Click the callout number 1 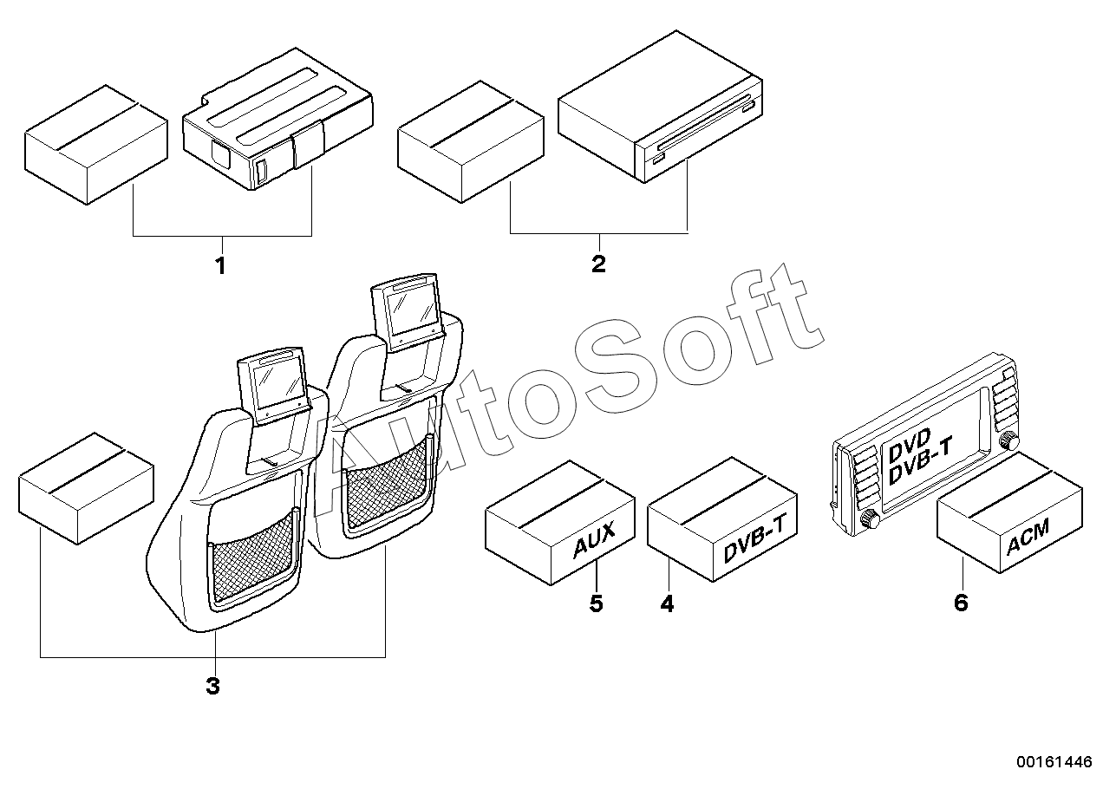220,266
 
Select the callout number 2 598,264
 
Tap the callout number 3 212,687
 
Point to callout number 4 666,603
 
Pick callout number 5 596,603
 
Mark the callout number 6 960,602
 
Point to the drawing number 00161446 1054,761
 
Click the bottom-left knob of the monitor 870,521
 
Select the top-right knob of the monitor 1008,442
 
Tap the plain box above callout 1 95,144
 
